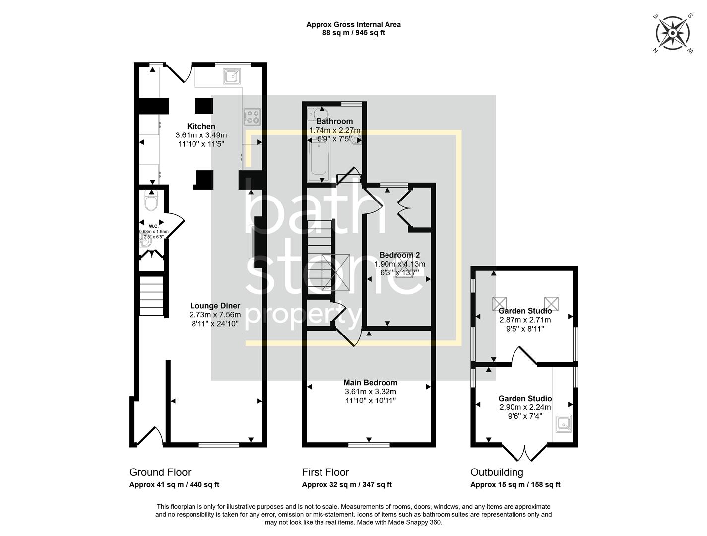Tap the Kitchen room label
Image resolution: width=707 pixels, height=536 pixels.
pos(201,126)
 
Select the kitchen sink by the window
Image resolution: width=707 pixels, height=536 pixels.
pos(232,76)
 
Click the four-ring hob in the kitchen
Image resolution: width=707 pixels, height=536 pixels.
pos(252,117)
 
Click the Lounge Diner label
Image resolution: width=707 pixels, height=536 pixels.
pos(215,306)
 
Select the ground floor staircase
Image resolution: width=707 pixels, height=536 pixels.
pos(151,296)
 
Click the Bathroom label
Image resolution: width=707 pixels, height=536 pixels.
pos(334,121)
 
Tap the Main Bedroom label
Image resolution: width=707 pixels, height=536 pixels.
pos(370,383)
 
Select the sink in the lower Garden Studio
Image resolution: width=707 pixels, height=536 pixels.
pos(563,423)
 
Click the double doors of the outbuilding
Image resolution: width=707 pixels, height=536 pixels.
pos(524,452)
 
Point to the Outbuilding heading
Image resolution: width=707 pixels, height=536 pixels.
pos(497,472)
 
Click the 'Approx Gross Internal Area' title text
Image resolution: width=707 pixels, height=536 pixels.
pos(353,24)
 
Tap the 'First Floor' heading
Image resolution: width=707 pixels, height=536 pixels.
pos(325,472)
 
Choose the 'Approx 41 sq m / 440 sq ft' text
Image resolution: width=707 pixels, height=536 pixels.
pos(174,485)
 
